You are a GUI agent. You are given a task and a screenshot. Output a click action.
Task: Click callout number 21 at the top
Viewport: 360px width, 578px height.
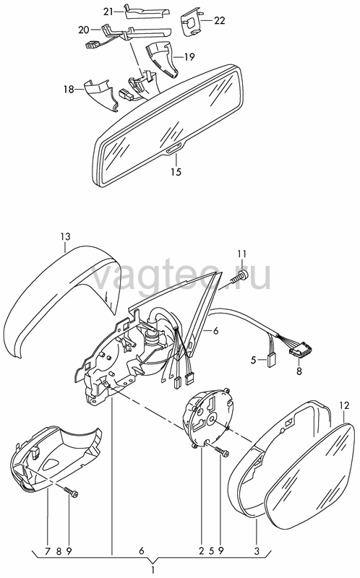click(108, 12)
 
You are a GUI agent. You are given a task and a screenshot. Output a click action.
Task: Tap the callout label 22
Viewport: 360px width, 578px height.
click(220, 20)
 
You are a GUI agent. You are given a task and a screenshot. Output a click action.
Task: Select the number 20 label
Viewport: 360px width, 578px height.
click(84, 30)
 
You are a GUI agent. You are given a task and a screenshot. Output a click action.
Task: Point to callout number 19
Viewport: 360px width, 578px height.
click(189, 57)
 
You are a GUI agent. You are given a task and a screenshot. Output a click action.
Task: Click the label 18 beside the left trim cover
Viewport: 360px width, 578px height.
click(69, 89)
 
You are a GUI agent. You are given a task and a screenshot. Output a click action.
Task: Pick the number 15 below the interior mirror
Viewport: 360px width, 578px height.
click(176, 171)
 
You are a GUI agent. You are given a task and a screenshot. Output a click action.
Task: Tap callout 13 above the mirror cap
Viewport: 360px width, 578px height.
click(65, 236)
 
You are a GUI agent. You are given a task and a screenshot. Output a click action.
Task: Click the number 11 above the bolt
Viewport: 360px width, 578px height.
click(241, 254)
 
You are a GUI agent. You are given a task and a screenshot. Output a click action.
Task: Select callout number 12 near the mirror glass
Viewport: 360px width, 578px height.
click(344, 406)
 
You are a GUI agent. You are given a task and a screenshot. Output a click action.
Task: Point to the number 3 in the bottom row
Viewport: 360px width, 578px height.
click(257, 551)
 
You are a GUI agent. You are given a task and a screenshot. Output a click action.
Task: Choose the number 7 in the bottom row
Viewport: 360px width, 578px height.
click(48, 551)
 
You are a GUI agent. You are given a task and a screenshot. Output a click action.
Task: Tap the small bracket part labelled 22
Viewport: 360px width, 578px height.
click(191, 23)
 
